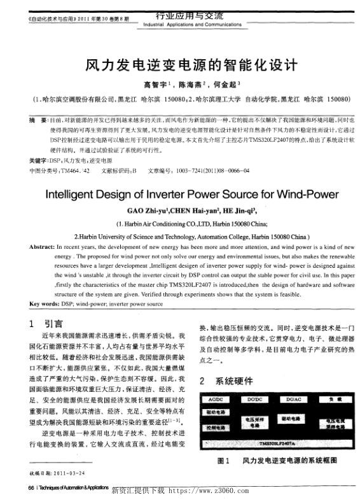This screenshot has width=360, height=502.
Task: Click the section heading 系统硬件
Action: click(235, 381)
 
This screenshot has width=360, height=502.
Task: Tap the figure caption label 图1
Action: click(223, 459)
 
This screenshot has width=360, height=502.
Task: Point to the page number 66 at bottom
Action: click(31, 489)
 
